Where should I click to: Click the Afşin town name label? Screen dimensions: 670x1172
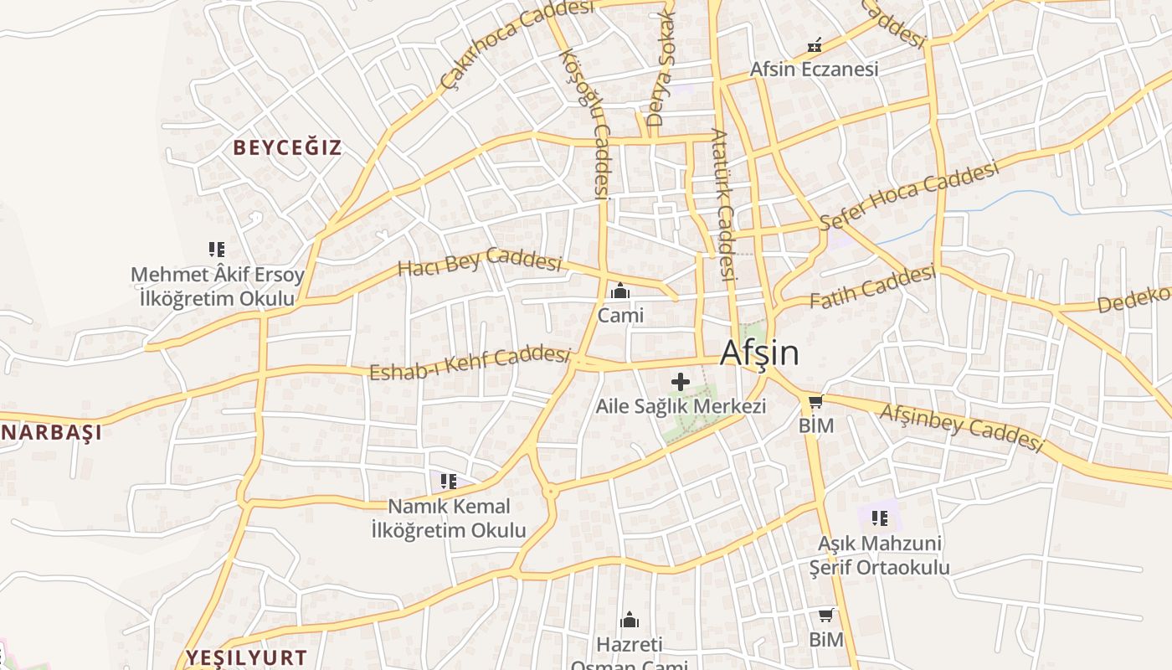[x=758, y=353]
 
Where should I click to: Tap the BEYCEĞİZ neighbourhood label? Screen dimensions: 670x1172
[x=287, y=148]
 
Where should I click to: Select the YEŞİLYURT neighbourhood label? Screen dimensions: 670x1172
[x=246, y=657]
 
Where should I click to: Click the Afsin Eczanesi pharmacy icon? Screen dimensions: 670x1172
[x=814, y=45]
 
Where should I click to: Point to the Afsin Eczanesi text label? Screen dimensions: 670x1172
[x=814, y=70]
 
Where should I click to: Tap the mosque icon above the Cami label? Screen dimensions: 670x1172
[x=620, y=291]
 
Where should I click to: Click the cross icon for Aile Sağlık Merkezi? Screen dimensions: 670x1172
[x=681, y=383]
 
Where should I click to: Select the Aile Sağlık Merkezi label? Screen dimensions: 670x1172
[x=681, y=407]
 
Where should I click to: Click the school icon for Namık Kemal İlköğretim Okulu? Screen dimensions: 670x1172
[x=449, y=482]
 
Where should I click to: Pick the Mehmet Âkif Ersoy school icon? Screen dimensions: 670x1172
[x=217, y=250]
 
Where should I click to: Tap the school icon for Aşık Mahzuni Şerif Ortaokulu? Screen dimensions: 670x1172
[x=879, y=518]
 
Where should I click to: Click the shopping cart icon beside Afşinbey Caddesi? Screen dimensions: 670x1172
[x=815, y=401]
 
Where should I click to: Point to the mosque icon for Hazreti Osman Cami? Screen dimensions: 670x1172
[x=629, y=621]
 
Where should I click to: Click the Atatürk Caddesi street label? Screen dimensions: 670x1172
[x=723, y=204]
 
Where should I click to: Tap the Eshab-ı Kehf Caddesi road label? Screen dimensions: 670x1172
[x=470, y=362]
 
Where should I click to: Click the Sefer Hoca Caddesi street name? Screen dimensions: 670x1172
[x=910, y=195]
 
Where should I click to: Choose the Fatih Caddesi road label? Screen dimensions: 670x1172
[x=872, y=286]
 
